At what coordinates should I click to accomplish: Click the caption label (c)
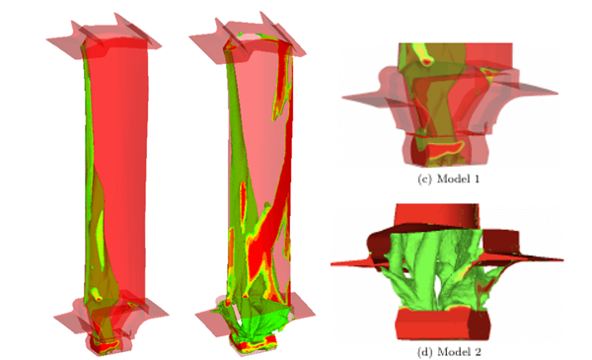point(424,179)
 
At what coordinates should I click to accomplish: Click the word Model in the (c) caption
point(452,179)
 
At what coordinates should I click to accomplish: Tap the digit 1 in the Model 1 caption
point(476,179)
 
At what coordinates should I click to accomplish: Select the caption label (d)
point(424,352)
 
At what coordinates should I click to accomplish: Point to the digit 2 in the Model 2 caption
point(478,352)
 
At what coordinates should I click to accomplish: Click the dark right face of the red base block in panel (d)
point(480,324)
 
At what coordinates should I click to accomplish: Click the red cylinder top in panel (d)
point(437,215)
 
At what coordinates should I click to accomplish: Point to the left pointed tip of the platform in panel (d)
point(332,263)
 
